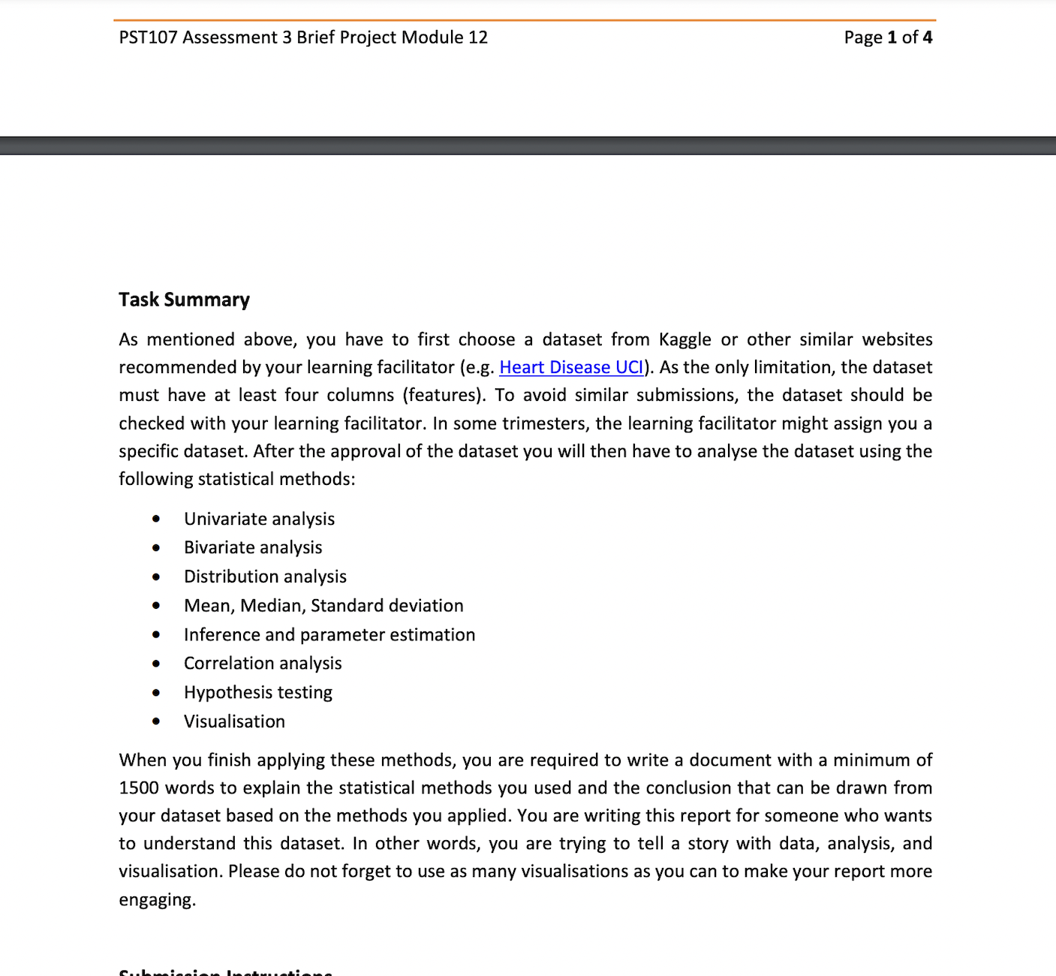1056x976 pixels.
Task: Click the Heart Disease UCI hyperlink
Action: point(571,367)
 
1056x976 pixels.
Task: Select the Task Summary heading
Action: point(184,300)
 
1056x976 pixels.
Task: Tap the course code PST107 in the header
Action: point(148,38)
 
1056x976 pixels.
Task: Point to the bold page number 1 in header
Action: point(892,38)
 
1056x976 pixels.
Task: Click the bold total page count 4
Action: point(928,38)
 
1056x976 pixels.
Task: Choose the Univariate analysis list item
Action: point(259,519)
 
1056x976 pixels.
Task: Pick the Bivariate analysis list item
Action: point(253,547)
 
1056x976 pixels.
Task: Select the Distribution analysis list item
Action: point(265,577)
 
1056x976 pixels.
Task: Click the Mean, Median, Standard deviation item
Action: point(323,605)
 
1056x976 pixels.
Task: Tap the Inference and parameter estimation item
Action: point(329,634)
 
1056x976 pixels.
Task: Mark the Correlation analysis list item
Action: point(263,663)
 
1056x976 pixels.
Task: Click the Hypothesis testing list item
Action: point(258,692)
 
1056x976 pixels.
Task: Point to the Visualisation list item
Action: point(234,721)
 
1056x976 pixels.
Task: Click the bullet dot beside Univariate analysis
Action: point(156,519)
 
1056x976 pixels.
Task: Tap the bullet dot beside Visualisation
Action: point(156,721)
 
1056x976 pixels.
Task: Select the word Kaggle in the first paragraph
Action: point(684,339)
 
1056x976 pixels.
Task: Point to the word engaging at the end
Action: point(156,899)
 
